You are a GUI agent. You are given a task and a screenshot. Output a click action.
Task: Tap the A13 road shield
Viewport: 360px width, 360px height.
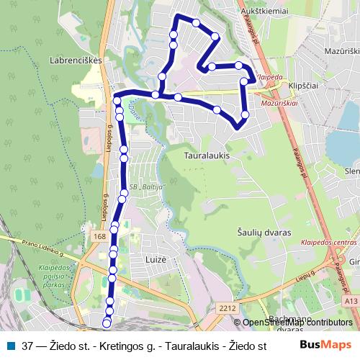(350, 302)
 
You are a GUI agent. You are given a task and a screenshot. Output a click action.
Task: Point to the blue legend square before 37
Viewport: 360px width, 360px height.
(10, 345)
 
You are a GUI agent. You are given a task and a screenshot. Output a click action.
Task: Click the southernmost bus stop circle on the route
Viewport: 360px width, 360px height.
(107, 323)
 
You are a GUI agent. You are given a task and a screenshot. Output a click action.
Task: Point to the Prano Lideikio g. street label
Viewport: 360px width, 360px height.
(32, 248)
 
